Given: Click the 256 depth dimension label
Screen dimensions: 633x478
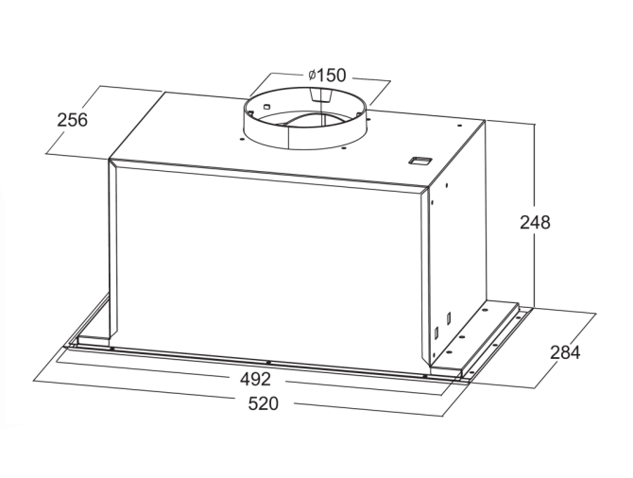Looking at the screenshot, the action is coord(72,120).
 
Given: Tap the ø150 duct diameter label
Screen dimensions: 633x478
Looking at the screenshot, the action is coord(328,75).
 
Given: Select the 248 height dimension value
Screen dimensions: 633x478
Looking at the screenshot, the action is coord(535,222).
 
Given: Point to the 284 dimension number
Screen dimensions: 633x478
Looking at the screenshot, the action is coord(565,352).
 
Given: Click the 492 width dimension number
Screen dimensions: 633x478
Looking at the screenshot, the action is coord(256,379).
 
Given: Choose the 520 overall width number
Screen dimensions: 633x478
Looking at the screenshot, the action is coord(264,403).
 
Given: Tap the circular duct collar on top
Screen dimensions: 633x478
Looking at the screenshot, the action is coord(305,117).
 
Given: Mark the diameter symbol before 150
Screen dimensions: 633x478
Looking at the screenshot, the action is coord(312,76).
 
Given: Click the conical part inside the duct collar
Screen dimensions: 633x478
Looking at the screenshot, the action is coord(320,95).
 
